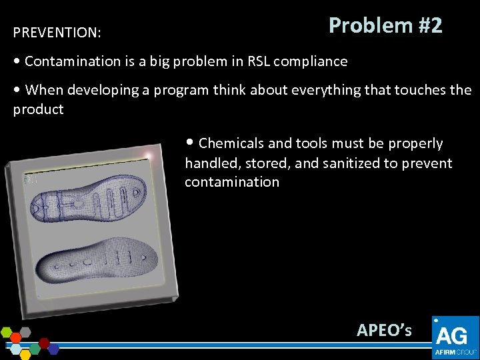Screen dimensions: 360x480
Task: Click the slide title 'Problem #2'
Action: pyautogui.click(x=385, y=25)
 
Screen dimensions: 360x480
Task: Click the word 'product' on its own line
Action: pyautogui.click(x=38, y=109)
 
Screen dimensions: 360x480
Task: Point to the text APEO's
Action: pyautogui.click(x=384, y=330)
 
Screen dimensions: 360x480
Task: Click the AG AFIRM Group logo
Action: pyautogui.click(x=455, y=337)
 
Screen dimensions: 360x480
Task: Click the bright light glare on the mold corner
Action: pyautogui.click(x=148, y=157)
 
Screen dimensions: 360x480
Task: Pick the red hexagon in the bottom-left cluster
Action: pyautogui.click(x=45, y=343)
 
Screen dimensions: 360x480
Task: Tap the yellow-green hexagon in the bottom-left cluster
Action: pyautogui.click(x=7, y=331)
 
